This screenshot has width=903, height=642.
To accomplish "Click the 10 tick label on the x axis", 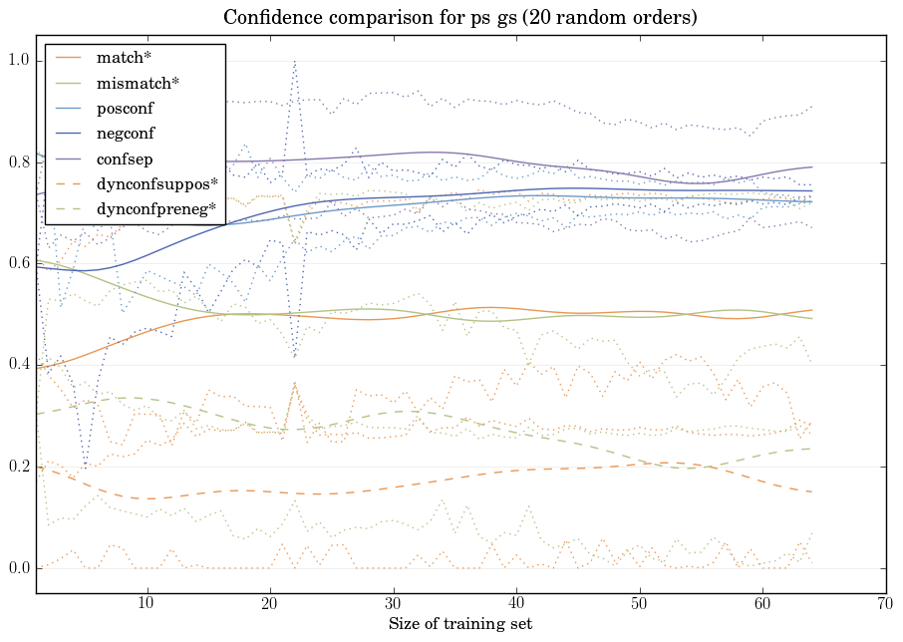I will [147, 604].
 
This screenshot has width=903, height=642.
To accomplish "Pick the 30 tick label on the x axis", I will [393, 604].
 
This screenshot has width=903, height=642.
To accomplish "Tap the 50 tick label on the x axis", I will [639, 604].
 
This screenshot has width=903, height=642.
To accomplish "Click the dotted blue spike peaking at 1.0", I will [294, 62].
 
